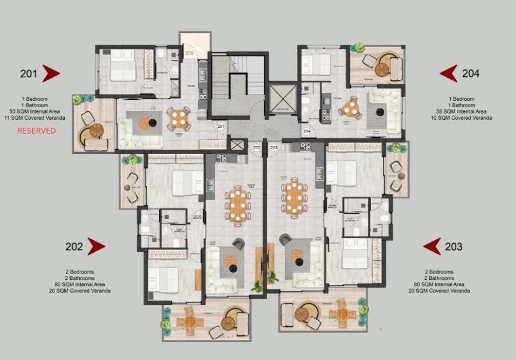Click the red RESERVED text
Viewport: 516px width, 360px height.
36,131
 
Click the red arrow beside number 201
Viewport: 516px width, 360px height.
51,73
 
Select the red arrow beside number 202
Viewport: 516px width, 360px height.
96,246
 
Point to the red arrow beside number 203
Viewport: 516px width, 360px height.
432,246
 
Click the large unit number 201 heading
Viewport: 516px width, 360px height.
29,73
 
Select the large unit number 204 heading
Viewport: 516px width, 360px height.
470,73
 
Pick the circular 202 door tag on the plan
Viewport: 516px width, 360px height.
256,148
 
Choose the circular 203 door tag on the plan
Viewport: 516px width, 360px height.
273,148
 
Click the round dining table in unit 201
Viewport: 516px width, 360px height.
178,118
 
